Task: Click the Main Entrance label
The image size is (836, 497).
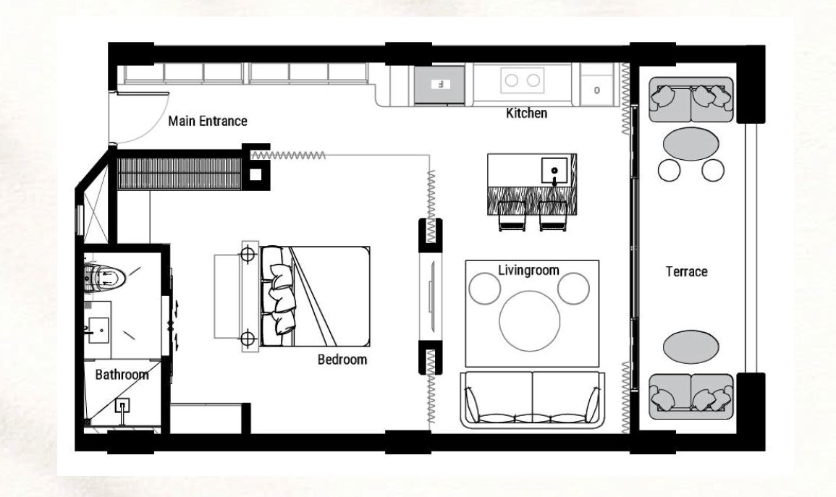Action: [x=208, y=122]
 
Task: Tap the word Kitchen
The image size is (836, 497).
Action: [x=526, y=113]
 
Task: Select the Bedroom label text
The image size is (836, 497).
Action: [x=342, y=360]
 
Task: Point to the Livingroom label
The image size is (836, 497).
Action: [x=528, y=271]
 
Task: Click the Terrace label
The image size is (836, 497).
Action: [x=687, y=272]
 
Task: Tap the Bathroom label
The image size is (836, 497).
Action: [x=122, y=375]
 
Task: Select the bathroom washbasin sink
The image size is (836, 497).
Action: [x=98, y=331]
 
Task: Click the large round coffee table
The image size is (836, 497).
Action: [x=529, y=320]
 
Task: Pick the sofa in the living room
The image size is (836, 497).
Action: [x=532, y=399]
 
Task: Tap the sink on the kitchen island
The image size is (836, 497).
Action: [x=554, y=171]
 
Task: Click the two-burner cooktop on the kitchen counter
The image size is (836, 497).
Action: [x=523, y=80]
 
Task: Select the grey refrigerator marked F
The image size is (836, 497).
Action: [x=439, y=84]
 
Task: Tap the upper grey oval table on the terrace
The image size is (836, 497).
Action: [x=691, y=143]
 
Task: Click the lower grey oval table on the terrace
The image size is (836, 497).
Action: [x=691, y=347]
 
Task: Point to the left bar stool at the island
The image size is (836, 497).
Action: [x=511, y=216]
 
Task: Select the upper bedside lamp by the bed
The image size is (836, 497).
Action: [x=247, y=253]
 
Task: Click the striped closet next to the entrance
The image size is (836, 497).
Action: [x=180, y=174]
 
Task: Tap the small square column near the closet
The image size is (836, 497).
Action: [x=256, y=174]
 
